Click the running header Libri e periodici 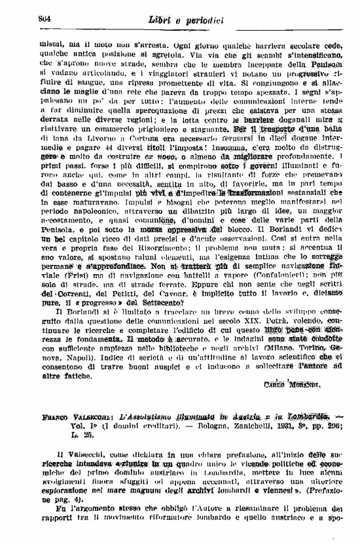186,21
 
